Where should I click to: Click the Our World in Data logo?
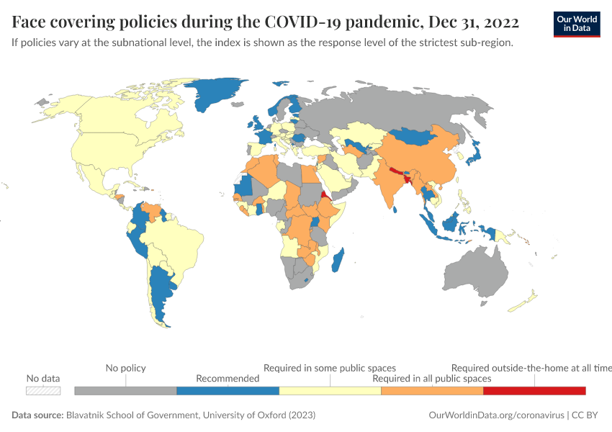tap(576, 23)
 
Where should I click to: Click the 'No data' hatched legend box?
tap(43, 390)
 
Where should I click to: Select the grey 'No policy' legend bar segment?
tap(125, 390)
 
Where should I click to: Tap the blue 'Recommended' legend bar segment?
tap(228, 390)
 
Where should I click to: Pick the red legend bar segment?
tap(534, 390)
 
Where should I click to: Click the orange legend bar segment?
tap(432, 390)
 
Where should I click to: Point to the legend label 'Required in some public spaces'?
tap(330, 368)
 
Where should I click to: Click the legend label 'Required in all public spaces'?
tap(432, 378)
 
